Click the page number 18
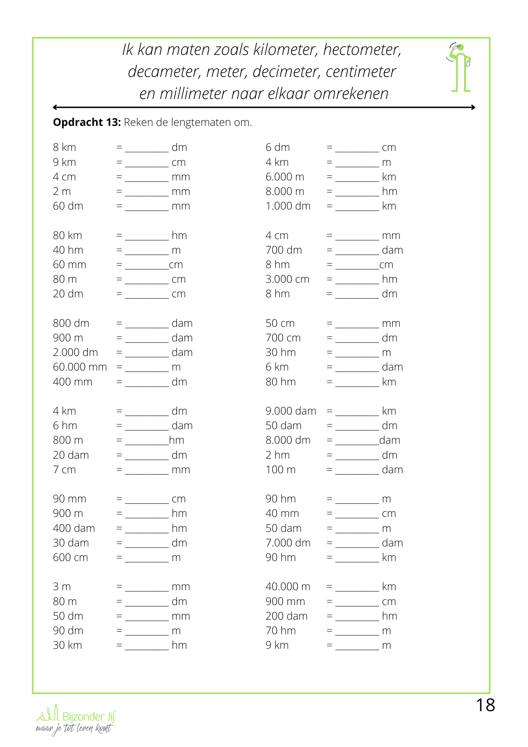point(485,706)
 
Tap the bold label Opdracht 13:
point(87,123)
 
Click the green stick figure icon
point(460,68)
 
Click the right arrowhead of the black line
point(473,108)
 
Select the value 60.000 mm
point(80,367)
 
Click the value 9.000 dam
point(291,411)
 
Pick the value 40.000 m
point(288,587)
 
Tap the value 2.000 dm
point(75,353)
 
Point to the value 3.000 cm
point(288,279)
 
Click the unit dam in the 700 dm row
point(392,250)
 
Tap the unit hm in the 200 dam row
point(389,616)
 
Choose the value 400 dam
point(74,529)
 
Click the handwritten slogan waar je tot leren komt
point(74,729)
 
